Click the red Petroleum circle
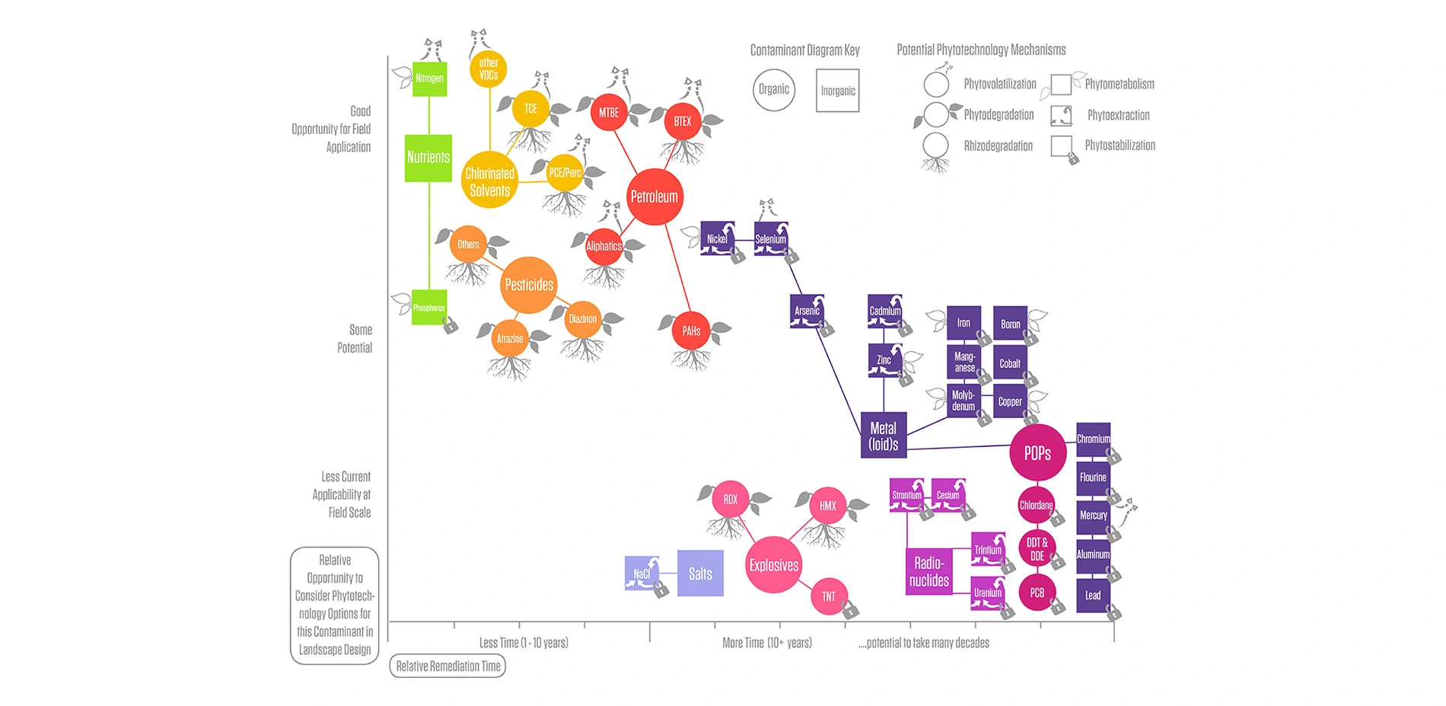(x=654, y=196)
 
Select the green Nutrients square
(x=428, y=158)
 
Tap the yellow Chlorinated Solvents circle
(x=489, y=180)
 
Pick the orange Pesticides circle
(x=529, y=285)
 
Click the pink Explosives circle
(x=773, y=565)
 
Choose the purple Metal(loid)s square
(x=884, y=436)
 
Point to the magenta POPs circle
(x=1037, y=453)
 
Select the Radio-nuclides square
(x=929, y=571)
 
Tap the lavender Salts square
(x=700, y=573)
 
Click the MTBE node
(x=609, y=113)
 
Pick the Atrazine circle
(x=510, y=339)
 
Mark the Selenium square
(x=771, y=239)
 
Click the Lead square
(x=1093, y=596)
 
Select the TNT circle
(x=829, y=596)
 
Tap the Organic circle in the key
(x=774, y=90)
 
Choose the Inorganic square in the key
(x=838, y=91)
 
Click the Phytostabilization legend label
(x=1120, y=145)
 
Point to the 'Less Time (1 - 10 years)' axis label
(x=524, y=643)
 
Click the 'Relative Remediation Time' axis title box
(x=448, y=666)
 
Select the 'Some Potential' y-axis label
(x=355, y=339)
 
